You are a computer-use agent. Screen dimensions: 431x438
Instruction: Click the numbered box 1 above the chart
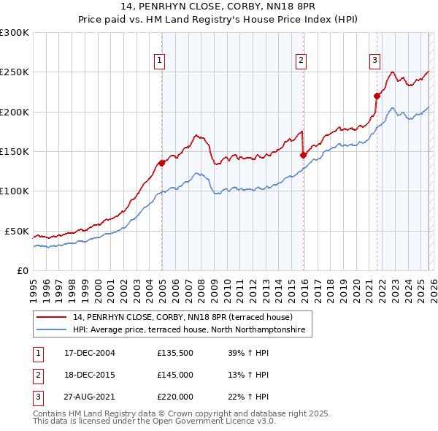tap(158, 61)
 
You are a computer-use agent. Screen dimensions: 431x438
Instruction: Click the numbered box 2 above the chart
tap(301, 61)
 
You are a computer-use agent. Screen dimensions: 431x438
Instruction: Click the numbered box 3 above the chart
tap(374, 61)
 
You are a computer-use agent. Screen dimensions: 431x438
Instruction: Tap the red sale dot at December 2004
tap(161, 163)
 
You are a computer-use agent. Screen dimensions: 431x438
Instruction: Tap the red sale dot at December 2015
tap(303, 155)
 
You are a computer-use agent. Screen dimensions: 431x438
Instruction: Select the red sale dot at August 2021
tap(377, 96)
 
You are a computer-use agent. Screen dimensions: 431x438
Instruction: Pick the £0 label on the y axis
tap(21, 270)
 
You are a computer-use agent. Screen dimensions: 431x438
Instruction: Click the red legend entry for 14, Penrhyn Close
tap(182, 318)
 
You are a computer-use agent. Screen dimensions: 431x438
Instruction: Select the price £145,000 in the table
tap(175, 375)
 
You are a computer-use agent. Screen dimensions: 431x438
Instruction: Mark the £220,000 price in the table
tap(175, 397)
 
